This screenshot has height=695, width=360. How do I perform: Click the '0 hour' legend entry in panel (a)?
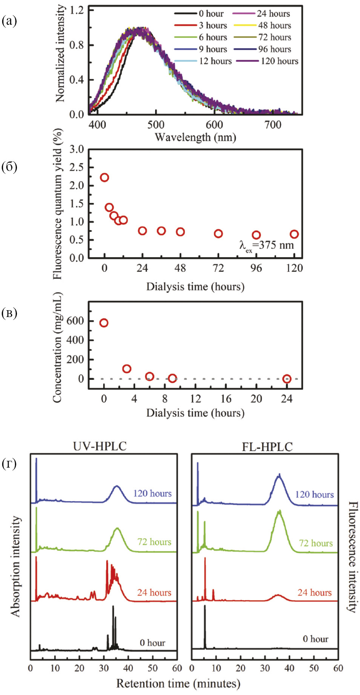[211, 14]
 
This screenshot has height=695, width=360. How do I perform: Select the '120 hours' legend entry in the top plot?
[279, 61]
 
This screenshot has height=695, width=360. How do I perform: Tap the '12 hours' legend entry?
[215, 61]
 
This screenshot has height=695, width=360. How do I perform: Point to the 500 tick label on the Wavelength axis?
[156, 125]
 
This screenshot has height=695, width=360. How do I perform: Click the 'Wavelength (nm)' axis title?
[195, 137]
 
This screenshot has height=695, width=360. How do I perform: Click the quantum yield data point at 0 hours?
[105, 177]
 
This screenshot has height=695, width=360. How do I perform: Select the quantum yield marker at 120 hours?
[294, 234]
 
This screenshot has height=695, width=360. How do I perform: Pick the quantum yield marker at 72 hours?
[218, 233]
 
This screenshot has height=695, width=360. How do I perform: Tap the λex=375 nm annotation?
[267, 246]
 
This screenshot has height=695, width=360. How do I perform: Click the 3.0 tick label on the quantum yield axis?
[76, 149]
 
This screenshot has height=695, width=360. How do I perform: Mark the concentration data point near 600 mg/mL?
[104, 323]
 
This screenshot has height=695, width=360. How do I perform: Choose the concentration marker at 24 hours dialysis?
[287, 379]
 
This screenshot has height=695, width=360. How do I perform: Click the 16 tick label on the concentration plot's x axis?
[226, 399]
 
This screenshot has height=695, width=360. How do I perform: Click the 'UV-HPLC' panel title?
[100, 446]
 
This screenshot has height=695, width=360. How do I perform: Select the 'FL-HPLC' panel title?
[267, 447]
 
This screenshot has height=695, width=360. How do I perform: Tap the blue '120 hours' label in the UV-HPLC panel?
[152, 493]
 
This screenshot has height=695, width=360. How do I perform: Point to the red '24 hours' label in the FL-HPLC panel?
[314, 592]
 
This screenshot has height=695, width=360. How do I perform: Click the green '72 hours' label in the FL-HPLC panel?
[316, 543]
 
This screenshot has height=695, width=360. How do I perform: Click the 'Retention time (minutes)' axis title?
[178, 683]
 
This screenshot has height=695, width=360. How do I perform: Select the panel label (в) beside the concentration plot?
[9, 313]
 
